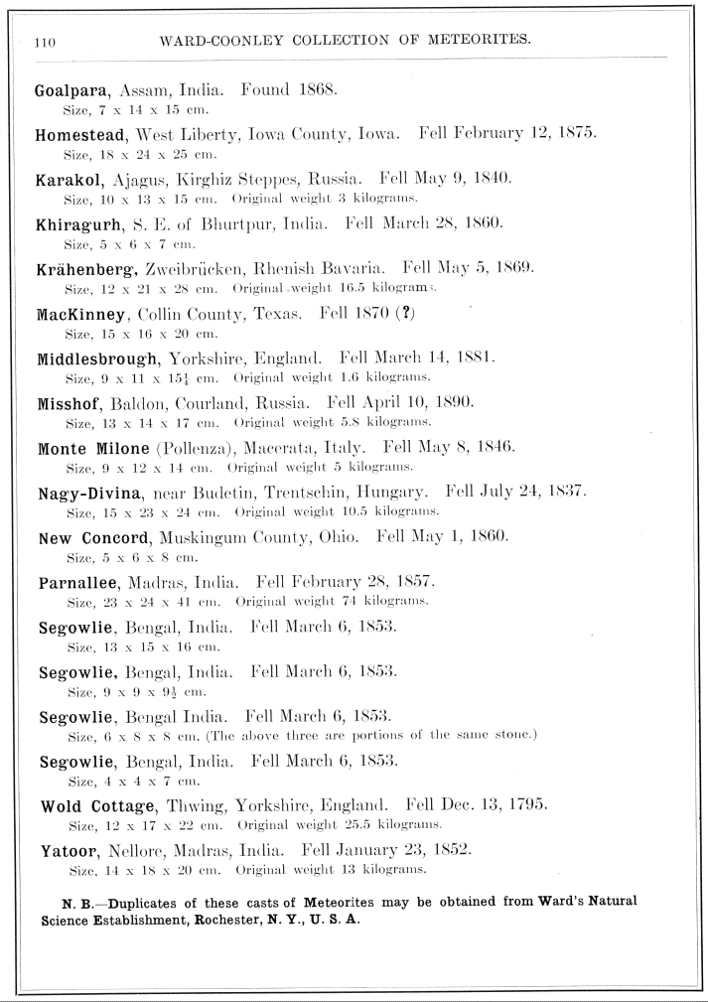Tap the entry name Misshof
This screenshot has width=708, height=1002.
point(70,403)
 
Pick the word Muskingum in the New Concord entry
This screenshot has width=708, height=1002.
point(213,537)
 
